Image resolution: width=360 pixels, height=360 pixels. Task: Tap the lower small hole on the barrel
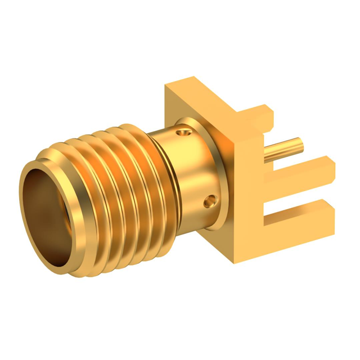[211, 200]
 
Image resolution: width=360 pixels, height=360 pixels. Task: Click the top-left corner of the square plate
[165, 85]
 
